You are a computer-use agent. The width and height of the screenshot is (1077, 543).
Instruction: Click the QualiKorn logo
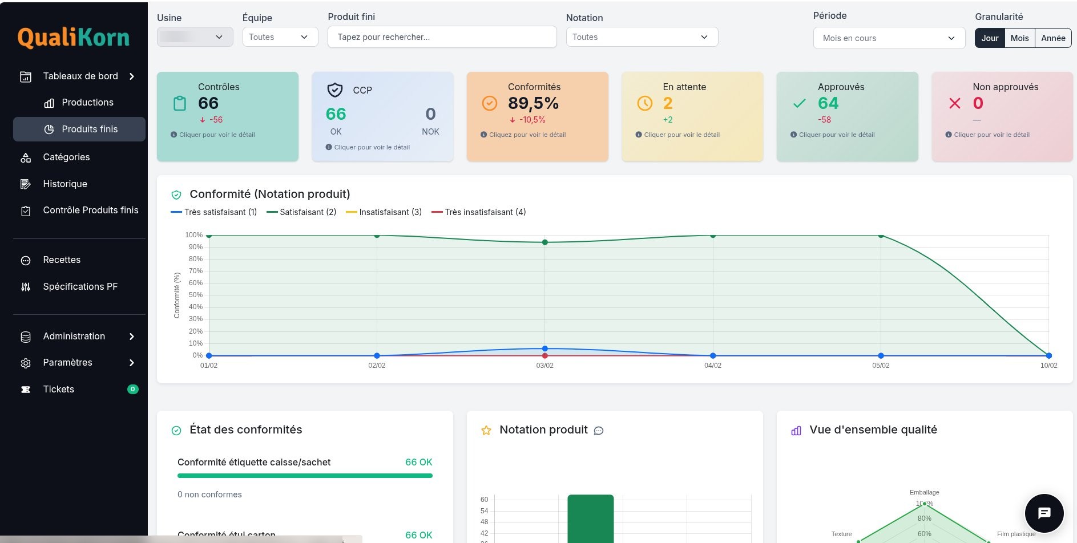tap(73, 38)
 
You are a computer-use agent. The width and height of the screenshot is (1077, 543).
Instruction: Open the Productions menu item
tap(87, 103)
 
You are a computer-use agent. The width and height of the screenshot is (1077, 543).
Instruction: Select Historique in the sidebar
tap(65, 184)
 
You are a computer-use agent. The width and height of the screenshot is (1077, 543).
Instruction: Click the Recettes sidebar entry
tap(62, 260)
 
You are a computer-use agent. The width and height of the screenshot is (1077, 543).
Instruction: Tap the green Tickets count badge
tap(132, 390)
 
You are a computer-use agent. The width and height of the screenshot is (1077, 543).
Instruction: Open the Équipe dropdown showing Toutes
tap(280, 37)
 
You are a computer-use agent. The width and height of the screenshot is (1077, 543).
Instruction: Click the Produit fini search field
tap(442, 37)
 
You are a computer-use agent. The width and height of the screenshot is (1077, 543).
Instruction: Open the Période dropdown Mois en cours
tap(889, 38)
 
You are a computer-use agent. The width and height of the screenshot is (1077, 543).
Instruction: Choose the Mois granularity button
tap(1019, 38)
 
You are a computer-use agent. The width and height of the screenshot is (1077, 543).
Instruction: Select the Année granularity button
tap(1053, 38)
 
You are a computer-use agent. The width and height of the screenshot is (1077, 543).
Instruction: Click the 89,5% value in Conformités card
tap(533, 103)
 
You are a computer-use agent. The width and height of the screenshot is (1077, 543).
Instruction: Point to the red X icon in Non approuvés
tap(954, 103)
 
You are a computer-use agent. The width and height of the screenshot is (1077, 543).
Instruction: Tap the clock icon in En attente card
tap(644, 103)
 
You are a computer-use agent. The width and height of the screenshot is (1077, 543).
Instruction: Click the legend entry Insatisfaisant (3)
tap(384, 212)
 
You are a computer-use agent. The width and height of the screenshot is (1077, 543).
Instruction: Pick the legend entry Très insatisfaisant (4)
tap(479, 212)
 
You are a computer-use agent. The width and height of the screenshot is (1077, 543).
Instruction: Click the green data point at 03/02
tap(544, 242)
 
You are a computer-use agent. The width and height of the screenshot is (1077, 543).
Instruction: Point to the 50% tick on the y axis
tap(195, 295)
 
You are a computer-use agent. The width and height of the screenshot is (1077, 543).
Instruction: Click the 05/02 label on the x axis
tap(880, 366)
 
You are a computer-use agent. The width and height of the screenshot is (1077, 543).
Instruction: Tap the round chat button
tap(1044, 513)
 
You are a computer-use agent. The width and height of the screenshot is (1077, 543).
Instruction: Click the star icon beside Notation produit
tap(486, 431)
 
